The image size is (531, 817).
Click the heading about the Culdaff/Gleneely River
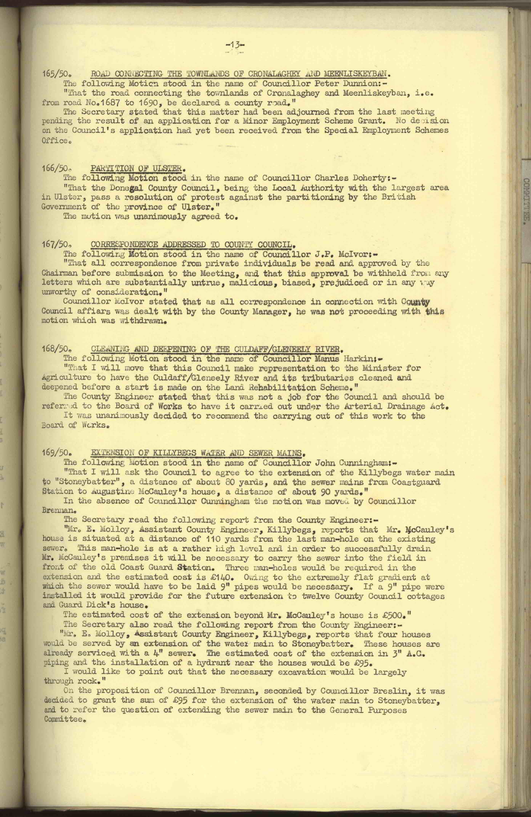coord(217,349)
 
